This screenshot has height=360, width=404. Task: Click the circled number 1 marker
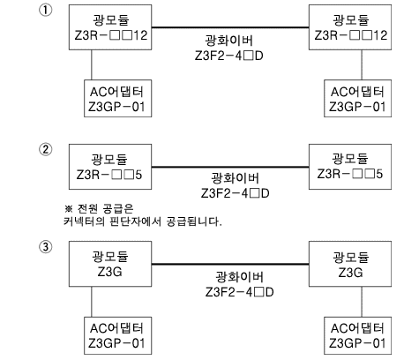tap(46, 11)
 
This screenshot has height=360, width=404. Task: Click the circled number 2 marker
tap(46, 150)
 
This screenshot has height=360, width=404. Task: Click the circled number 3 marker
tap(46, 247)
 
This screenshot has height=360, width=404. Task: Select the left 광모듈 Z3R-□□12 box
tap(110, 27)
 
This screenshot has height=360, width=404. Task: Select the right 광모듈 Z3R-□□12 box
tap(350, 27)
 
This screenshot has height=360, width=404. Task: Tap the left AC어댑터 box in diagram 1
tap(118, 98)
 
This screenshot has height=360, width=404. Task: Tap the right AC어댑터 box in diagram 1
tap(357, 98)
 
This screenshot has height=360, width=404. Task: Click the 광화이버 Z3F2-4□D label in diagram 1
tap(229, 48)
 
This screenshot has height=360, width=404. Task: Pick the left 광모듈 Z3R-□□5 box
tap(110, 167)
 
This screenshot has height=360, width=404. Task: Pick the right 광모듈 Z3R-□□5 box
tap(350, 167)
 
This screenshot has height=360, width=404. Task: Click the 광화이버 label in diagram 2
tap(235, 185)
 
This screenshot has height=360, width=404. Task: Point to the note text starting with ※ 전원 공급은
tap(143, 215)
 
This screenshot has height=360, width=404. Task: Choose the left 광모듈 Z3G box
tap(110, 264)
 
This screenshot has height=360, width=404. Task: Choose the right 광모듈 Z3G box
tap(350, 264)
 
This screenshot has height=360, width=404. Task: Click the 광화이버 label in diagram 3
tap(239, 284)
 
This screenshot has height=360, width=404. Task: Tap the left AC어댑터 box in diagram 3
tap(118, 335)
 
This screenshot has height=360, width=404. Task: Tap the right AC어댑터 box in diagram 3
tap(357, 335)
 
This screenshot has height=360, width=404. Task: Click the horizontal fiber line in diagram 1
tap(230, 27)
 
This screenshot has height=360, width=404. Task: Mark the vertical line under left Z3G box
tap(92, 302)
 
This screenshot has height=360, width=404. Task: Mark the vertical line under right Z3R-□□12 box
tap(362, 64)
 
